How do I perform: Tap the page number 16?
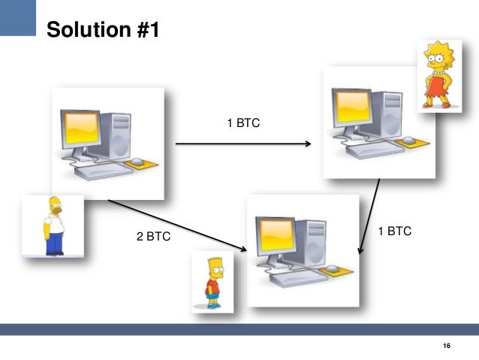[447, 345]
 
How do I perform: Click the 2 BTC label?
[153, 237]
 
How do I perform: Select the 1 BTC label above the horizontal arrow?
[243, 123]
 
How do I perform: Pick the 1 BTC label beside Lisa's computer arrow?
[394, 231]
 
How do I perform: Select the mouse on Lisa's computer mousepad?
[408, 141]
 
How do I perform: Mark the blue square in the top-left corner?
[18, 17]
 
